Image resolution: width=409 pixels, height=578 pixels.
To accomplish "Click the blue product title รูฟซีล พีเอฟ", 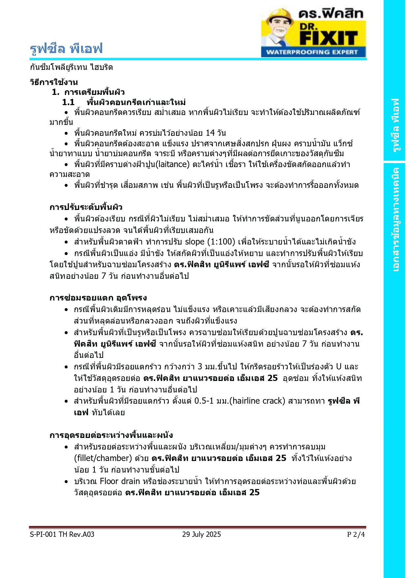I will (x=66, y=49).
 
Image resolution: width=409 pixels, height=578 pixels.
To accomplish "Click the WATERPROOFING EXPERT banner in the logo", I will (x=312, y=52).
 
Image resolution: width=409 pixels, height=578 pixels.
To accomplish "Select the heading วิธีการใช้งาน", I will (x=54, y=82).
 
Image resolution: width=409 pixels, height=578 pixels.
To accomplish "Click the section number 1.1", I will (x=68, y=102).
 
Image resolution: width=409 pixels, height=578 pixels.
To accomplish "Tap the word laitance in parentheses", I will (x=173, y=164).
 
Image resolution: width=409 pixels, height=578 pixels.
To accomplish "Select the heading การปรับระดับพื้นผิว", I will (x=86, y=207).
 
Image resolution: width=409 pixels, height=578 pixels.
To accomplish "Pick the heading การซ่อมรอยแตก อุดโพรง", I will (x=98, y=298).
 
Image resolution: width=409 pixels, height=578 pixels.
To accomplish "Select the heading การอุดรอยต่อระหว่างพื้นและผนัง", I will (x=111, y=435).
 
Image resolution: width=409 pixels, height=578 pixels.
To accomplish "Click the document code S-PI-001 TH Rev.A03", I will (x=62, y=534).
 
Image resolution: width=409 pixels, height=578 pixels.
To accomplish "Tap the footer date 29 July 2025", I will (x=201, y=534).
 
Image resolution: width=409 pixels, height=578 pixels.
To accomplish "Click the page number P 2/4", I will (x=356, y=534).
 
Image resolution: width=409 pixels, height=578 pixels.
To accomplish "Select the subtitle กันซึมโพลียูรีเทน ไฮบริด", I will (x=71, y=67).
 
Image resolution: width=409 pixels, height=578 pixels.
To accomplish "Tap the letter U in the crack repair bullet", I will (x=338, y=366).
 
